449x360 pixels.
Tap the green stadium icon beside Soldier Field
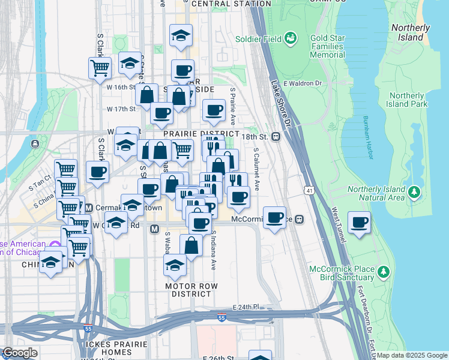291,39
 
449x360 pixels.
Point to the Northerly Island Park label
408,100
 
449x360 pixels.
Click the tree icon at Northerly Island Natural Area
414,192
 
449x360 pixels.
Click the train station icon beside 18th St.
277,136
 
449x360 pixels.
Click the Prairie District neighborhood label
201,133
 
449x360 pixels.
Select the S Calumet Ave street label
256,169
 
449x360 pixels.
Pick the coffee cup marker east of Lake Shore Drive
360,223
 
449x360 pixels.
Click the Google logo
20,353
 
